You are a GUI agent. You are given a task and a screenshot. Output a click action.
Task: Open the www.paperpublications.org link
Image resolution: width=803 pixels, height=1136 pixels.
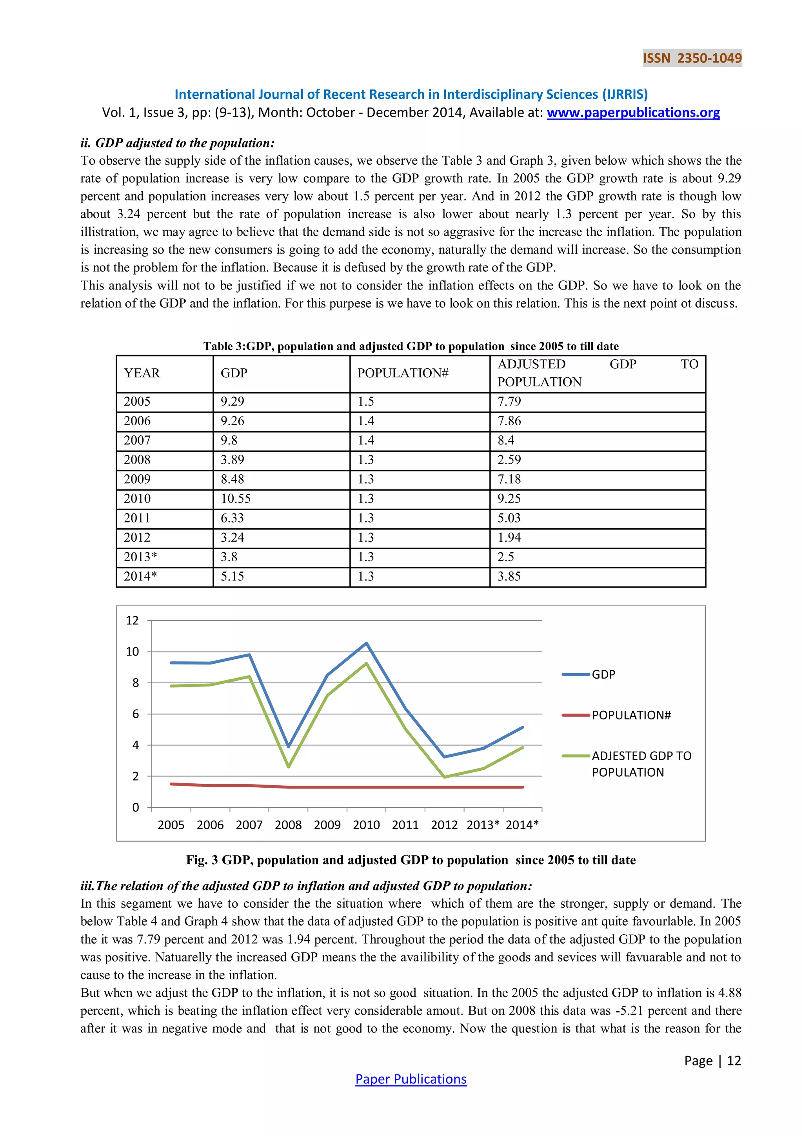pos(633,113)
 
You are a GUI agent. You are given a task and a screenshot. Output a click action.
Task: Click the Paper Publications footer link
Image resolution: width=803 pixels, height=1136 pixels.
pos(411,1079)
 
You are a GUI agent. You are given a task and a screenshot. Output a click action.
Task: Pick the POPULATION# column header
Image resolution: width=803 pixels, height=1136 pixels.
pos(403,373)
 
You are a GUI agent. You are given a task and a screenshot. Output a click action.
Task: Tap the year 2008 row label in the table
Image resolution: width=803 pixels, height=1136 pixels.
pos(137,460)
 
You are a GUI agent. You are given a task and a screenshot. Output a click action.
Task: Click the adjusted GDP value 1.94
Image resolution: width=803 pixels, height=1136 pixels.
pos(509,537)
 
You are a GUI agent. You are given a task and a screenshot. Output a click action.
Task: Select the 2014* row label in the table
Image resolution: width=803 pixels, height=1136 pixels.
pos(140,576)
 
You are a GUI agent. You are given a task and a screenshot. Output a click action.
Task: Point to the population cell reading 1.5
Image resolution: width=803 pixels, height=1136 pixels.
pos(366,402)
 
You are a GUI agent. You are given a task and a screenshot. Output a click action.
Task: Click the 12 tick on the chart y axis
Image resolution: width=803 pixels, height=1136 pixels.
pos(132,621)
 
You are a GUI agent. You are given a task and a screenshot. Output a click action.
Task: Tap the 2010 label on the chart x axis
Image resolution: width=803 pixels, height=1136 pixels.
pos(366,825)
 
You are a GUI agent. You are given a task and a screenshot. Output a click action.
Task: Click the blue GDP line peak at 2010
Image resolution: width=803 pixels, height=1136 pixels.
pos(366,643)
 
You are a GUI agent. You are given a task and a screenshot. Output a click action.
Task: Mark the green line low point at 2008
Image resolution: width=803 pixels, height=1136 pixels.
pos(288,766)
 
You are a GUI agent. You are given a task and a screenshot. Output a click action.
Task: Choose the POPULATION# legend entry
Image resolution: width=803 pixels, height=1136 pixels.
pos(631,715)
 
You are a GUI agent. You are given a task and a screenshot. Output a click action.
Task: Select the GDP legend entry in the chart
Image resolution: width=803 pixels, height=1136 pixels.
pos(603,674)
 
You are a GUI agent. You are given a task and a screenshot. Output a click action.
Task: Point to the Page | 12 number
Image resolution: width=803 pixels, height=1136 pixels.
pos(712,1060)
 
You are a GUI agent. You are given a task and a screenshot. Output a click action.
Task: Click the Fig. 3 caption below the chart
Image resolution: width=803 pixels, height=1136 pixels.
pos(411,860)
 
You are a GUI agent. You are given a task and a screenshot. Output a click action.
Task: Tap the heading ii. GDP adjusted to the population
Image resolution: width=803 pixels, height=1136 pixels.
pos(178,143)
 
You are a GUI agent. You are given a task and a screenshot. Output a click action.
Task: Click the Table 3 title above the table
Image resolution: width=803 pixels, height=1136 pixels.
pos(411,346)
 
